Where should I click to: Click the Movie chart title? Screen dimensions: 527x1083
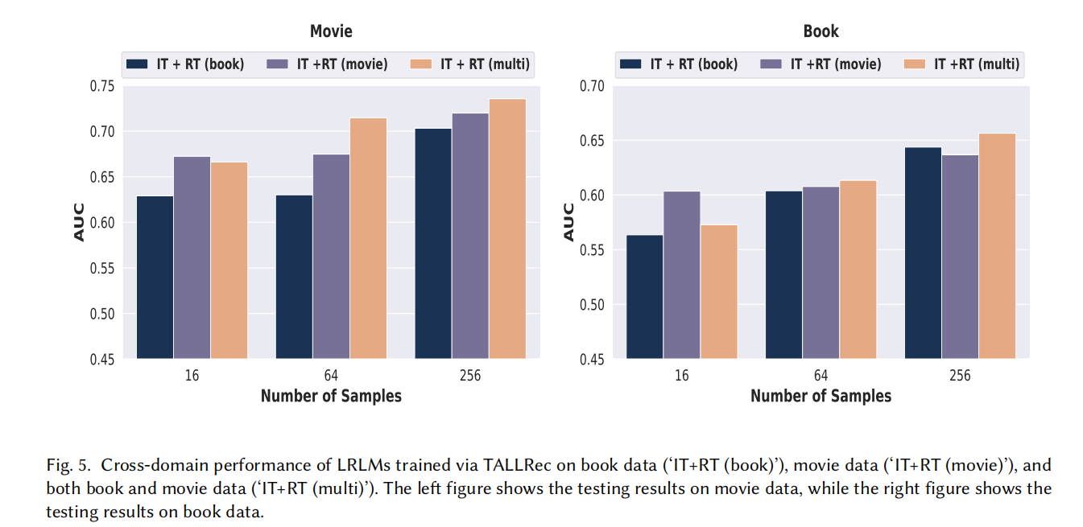point(331,31)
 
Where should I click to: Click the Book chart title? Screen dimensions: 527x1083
point(821,31)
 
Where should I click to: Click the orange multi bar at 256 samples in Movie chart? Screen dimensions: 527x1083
point(507,229)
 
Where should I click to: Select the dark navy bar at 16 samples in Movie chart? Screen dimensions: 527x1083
point(155,277)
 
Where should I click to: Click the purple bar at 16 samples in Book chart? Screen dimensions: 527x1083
point(681,274)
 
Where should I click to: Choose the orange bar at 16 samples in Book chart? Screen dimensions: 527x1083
point(718,291)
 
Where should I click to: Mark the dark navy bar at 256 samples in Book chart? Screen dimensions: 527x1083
point(923,253)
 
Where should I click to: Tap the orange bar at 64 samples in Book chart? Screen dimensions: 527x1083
point(858,269)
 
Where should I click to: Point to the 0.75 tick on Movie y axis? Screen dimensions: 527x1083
point(101,86)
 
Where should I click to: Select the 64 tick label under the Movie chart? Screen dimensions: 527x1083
point(331,376)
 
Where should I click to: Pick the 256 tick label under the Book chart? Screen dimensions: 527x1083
point(960,376)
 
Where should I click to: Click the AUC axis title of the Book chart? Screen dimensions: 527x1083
point(568,222)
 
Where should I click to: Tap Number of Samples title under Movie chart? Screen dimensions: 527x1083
point(331,396)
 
